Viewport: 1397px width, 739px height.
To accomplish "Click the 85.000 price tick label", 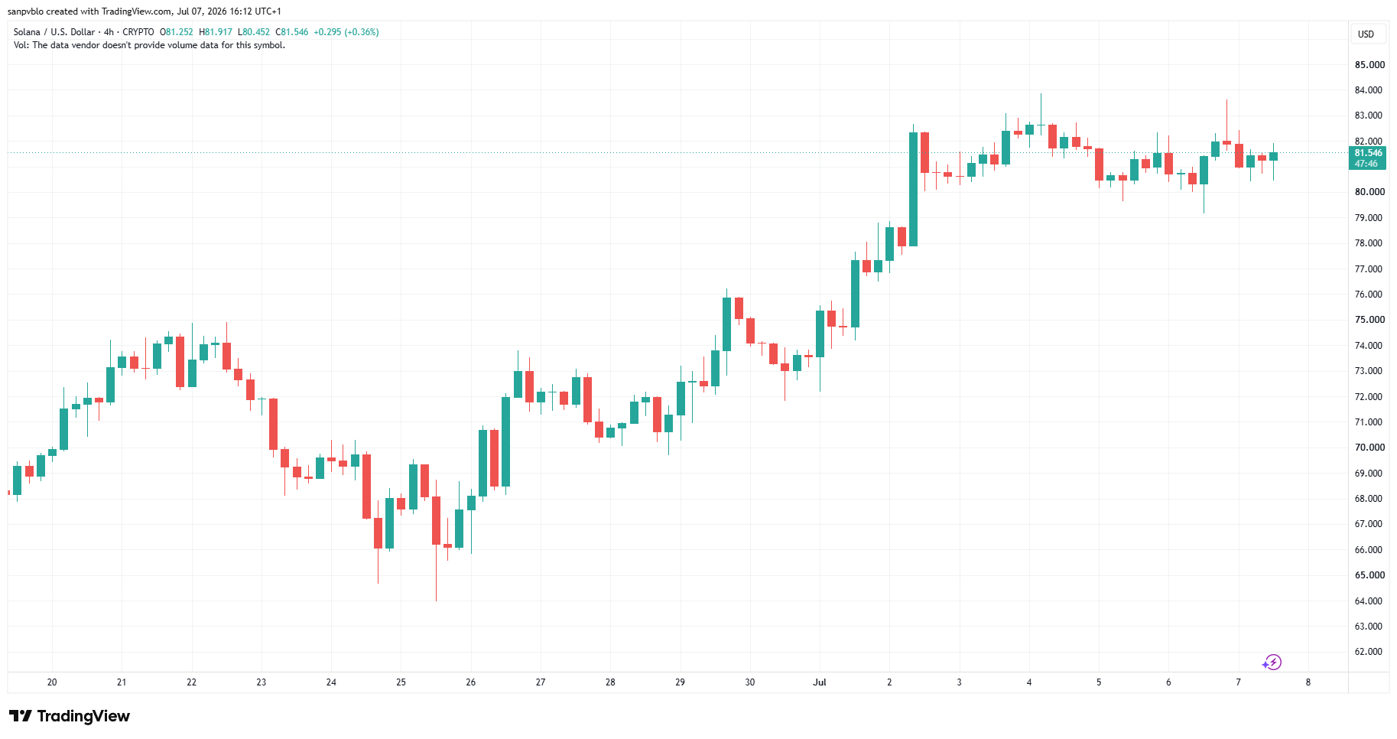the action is click(1369, 65).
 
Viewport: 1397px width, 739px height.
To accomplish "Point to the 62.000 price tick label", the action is click(1369, 652).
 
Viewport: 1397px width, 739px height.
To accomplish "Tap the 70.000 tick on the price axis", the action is click(1369, 448).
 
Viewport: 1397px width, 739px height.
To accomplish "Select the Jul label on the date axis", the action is click(820, 682).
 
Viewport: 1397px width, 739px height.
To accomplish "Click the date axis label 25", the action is click(401, 682).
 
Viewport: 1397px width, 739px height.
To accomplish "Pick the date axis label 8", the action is click(1308, 682).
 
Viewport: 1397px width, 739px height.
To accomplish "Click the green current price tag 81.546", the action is click(1367, 158).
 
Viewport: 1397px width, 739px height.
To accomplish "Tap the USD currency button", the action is click(1366, 34).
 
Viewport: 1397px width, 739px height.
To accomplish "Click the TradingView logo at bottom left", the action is click(70, 716).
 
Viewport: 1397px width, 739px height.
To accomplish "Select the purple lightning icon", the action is click(1272, 662).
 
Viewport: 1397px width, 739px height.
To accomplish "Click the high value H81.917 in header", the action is click(216, 32).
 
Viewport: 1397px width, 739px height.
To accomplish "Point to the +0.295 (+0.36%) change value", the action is click(346, 32).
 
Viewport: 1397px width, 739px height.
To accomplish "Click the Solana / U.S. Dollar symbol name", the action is click(54, 32).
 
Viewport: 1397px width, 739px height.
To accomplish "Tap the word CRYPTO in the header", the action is click(138, 32).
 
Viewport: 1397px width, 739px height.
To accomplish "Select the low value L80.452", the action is click(254, 32).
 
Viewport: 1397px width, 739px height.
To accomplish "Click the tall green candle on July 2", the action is click(913, 189).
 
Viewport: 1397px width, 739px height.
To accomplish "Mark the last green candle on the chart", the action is click(1273, 156).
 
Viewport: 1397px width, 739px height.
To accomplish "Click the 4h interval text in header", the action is click(109, 32).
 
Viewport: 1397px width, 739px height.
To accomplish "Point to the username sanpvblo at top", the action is click(25, 11).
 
